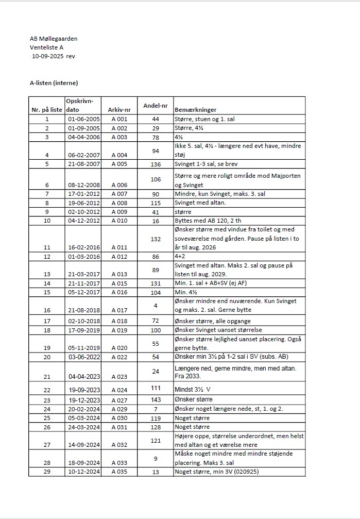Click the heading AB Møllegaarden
click(x=54, y=39)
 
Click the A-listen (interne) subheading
click(x=54, y=82)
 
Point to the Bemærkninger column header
click(x=196, y=110)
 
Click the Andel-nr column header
click(x=156, y=105)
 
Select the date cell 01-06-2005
click(x=83, y=119)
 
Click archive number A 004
click(x=119, y=155)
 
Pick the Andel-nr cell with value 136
click(x=156, y=164)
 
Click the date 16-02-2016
click(x=83, y=247)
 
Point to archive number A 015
click(x=119, y=283)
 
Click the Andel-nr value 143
click(x=156, y=399)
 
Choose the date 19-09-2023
click(x=83, y=390)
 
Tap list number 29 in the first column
click(x=46, y=472)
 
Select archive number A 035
click(x=119, y=472)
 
